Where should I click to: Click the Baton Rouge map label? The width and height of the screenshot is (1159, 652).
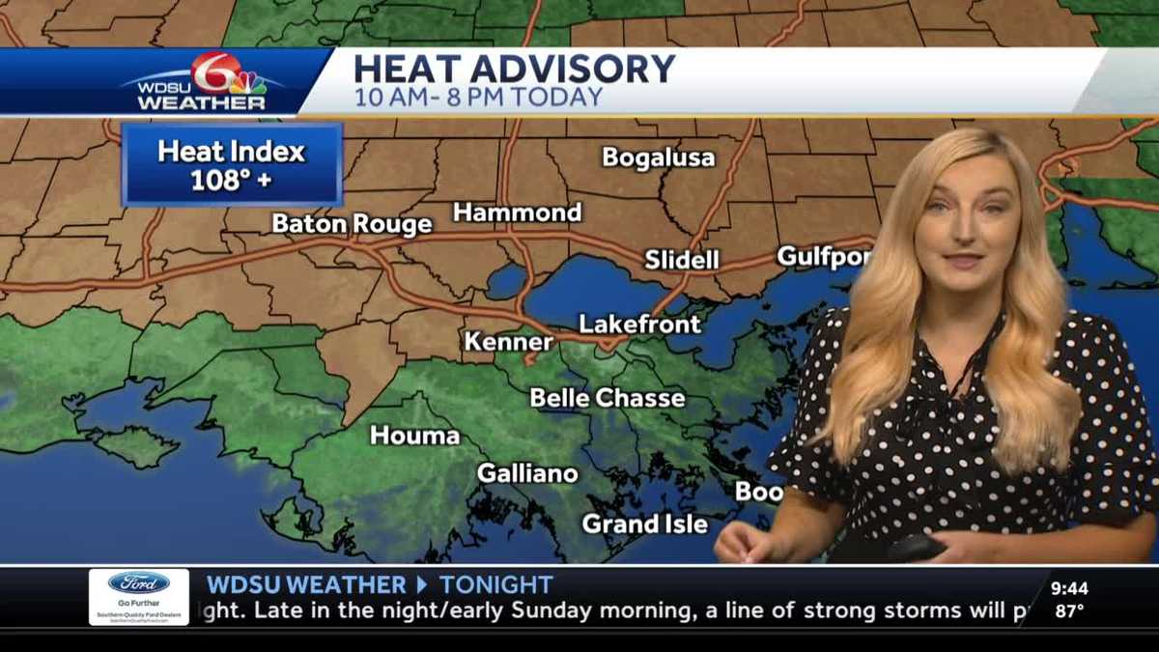352,224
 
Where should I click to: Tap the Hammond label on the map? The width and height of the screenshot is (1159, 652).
518,213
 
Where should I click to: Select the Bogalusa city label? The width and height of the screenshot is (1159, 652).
659,157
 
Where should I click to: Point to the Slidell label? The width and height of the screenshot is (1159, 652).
682,260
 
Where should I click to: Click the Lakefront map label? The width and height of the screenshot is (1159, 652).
639,325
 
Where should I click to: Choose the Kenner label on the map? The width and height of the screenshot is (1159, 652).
509,342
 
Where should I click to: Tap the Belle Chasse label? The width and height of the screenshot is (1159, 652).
608,398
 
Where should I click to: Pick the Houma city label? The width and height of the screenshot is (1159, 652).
415,436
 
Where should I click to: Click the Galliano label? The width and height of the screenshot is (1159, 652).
527,473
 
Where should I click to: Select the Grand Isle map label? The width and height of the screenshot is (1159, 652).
644,524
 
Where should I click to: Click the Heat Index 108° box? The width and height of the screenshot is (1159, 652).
232,165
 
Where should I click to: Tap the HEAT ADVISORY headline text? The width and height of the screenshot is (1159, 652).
513,70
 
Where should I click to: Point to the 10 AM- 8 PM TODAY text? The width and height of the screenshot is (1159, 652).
478,98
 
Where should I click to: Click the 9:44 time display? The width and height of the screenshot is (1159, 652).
1069,588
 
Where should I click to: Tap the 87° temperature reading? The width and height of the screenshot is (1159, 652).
1069,610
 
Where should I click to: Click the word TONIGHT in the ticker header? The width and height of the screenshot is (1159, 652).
495,584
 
